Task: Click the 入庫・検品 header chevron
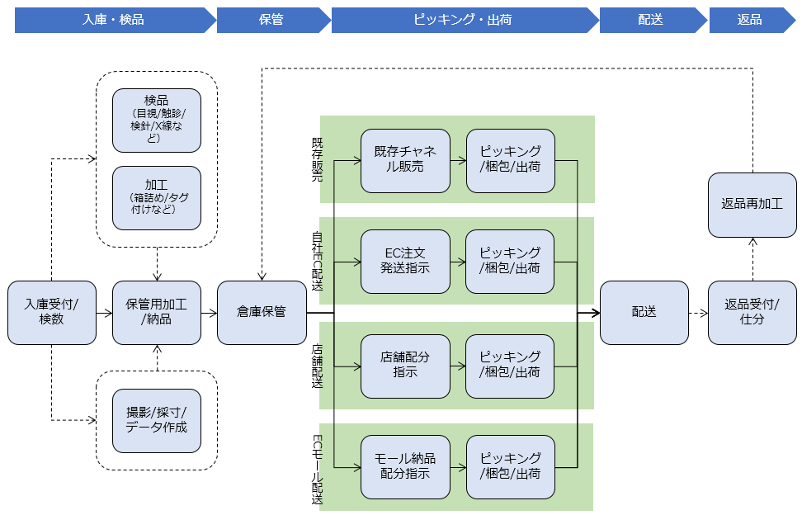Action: tap(114, 20)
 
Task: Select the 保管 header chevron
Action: tap(271, 20)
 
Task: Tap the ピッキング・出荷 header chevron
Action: tap(462, 20)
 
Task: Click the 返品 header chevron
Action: tap(749, 20)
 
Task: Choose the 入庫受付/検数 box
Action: tap(51, 313)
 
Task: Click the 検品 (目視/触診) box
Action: tap(157, 120)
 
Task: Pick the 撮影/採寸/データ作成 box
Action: tap(157, 420)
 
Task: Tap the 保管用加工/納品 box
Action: tap(157, 313)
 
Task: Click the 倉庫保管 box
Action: tap(262, 313)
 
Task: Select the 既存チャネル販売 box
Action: tap(405, 160)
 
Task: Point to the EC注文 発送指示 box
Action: tap(405, 262)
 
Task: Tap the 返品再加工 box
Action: tap(752, 204)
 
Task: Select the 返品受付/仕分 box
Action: tap(752, 313)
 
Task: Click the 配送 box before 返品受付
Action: tap(644, 313)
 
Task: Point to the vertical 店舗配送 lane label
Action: tap(318, 366)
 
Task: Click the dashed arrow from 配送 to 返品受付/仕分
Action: tap(698, 313)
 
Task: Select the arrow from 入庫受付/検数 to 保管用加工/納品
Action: tap(104, 314)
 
